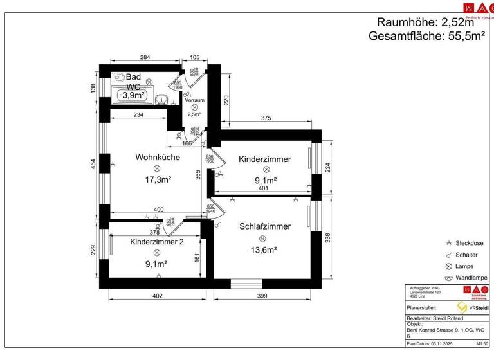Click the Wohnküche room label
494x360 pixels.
(x=156, y=157)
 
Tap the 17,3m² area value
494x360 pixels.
(x=158, y=179)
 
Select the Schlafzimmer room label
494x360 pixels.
(x=265, y=226)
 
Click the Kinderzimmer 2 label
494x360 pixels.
(x=157, y=242)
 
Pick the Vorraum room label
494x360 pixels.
(x=194, y=100)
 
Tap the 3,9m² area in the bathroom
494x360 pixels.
(x=134, y=95)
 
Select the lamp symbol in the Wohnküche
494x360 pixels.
(x=157, y=168)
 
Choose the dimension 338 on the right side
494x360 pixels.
(x=327, y=239)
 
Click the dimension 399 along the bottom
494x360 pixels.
(x=262, y=296)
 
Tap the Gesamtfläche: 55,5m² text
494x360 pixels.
(x=426, y=37)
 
